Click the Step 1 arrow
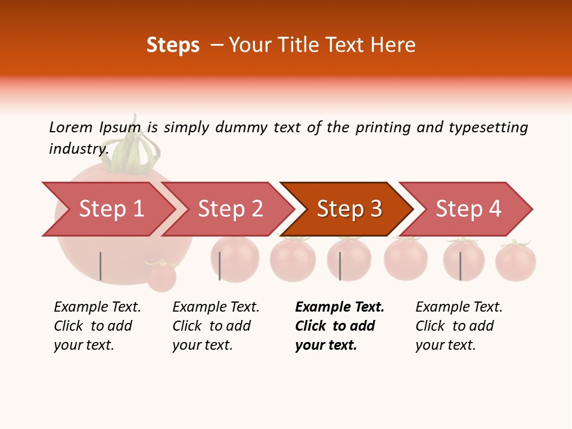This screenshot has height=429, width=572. (111, 209)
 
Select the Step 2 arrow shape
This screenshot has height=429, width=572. (231, 209)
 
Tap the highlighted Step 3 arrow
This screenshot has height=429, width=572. (349, 209)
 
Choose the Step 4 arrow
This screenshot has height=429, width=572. (468, 209)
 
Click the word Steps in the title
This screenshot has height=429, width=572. (173, 45)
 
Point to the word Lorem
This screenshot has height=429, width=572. (71, 127)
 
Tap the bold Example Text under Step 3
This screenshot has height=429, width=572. (340, 307)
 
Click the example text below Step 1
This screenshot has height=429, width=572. (97, 326)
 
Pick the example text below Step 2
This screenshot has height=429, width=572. (216, 326)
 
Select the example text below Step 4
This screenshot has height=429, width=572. (459, 326)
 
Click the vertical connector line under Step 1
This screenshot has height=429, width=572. (101, 266)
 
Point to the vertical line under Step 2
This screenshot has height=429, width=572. (220, 266)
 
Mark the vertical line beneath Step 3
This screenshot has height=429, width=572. (340, 266)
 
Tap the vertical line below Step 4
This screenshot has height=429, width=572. (460, 266)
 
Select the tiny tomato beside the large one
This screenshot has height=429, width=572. (161, 276)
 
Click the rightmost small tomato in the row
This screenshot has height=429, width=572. (515, 262)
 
